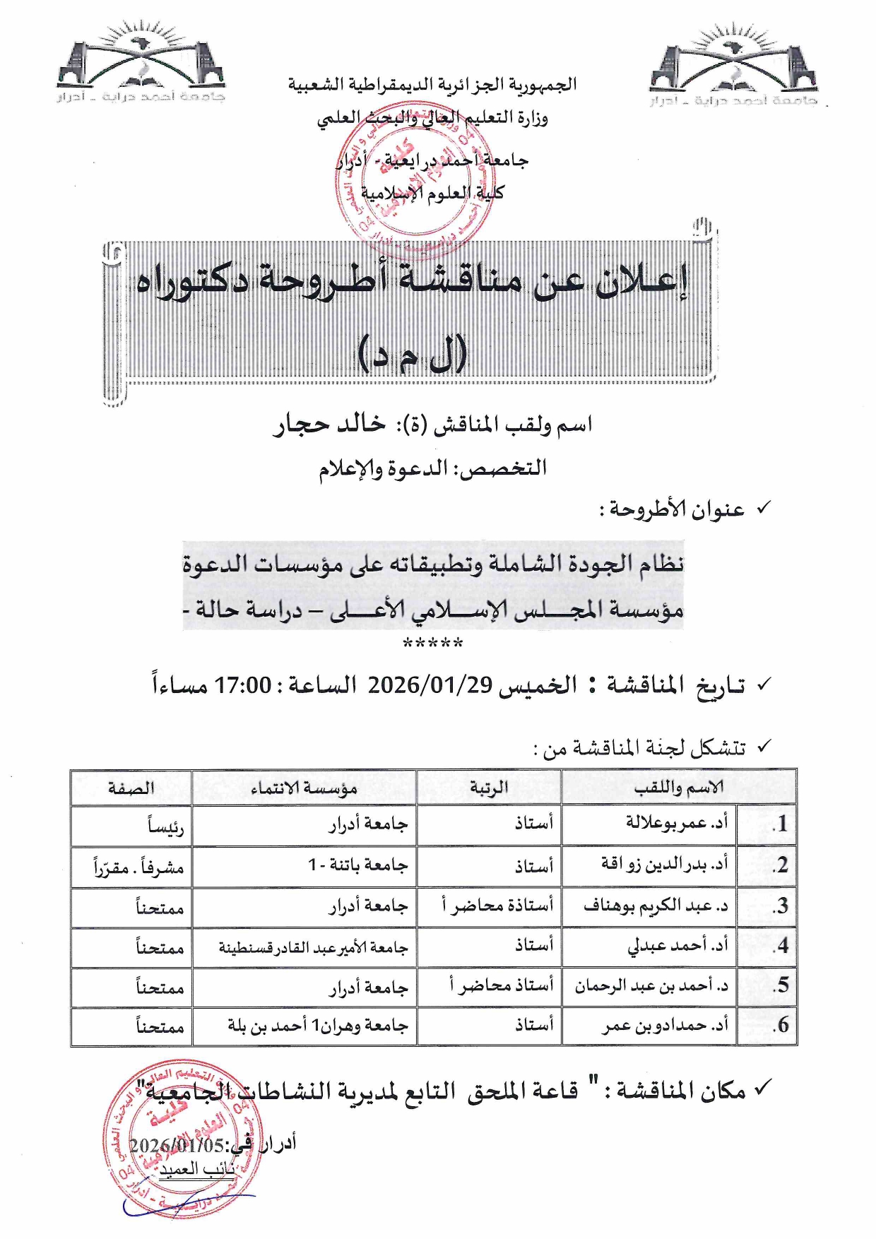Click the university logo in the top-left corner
[x=141, y=64]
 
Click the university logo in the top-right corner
[x=733, y=66]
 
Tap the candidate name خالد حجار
[x=330, y=424]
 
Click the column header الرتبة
[x=489, y=787]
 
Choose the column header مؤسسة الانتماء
[x=304, y=788]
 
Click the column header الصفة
[x=131, y=788]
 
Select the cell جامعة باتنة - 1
[x=357, y=865]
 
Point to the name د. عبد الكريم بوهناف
[x=655, y=906]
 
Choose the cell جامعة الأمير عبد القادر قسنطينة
[x=313, y=947]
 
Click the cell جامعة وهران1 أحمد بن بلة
[x=318, y=1025]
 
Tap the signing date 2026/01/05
[x=177, y=1144]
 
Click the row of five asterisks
[x=432, y=644]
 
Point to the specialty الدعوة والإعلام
[x=382, y=468]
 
